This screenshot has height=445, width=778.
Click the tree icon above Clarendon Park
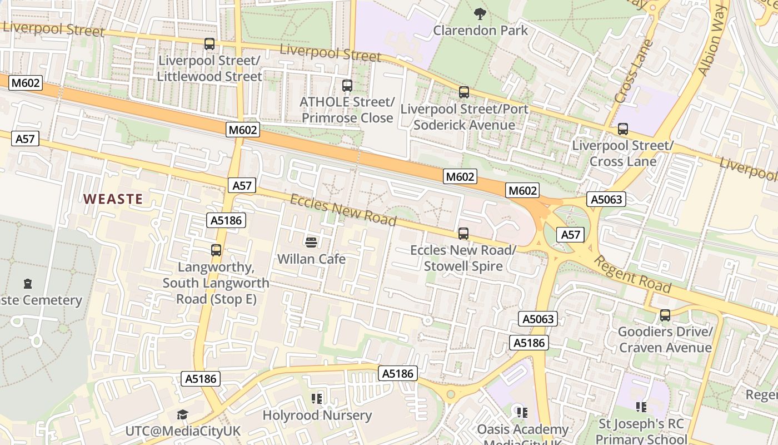(x=480, y=13)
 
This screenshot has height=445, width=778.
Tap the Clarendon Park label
(x=480, y=30)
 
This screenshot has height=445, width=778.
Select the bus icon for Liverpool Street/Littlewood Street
(x=210, y=44)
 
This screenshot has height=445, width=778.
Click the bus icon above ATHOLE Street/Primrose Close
(x=347, y=86)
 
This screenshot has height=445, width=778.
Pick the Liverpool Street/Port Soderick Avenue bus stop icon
(x=464, y=92)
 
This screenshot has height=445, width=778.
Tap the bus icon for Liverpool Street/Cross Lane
(x=623, y=129)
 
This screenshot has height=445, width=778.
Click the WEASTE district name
(x=113, y=199)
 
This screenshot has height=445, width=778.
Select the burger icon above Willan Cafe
(x=311, y=242)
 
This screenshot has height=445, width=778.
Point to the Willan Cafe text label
(x=311, y=259)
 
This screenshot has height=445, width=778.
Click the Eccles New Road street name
(x=343, y=210)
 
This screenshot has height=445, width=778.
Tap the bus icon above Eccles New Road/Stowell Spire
(x=463, y=234)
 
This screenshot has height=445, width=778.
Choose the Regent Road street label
(x=632, y=274)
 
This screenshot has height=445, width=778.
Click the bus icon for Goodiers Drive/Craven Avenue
(x=665, y=315)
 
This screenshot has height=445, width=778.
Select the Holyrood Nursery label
(x=317, y=415)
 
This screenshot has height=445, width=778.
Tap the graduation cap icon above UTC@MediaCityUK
(x=182, y=414)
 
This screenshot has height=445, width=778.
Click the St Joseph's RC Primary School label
(x=641, y=431)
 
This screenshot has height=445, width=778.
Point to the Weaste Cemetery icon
(x=28, y=284)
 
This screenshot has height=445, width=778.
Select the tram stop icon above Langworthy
(x=216, y=250)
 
